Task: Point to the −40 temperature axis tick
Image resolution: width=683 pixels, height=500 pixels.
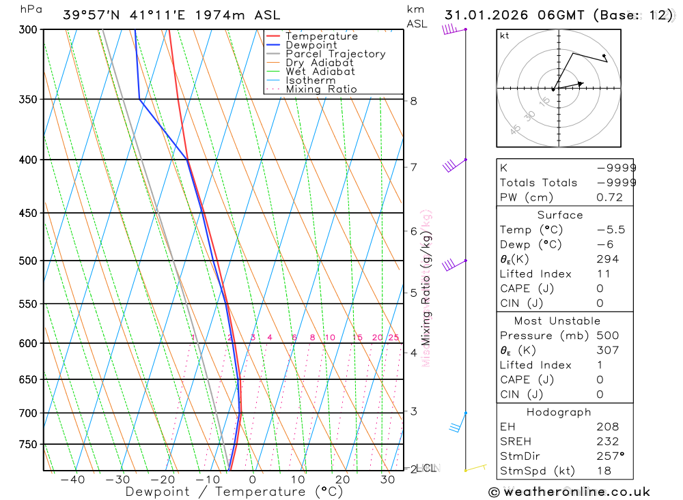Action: (72, 480)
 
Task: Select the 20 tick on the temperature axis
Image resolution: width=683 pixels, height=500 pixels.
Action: (342, 480)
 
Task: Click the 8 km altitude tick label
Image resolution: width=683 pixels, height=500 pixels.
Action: (413, 101)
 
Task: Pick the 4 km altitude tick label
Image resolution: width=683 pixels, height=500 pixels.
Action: (413, 353)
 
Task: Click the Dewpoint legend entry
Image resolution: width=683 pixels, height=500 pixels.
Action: (311, 45)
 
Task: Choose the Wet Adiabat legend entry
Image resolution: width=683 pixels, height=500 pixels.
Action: (320, 72)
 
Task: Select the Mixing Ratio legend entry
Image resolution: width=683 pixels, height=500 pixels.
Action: (321, 89)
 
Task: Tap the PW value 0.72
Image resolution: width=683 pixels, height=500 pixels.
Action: (609, 197)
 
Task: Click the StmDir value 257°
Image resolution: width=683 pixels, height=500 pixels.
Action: (611, 456)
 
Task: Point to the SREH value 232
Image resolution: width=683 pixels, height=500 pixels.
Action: (607, 441)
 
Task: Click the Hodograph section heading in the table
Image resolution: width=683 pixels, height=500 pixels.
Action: (559, 412)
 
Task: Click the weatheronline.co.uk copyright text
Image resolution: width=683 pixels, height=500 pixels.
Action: (569, 491)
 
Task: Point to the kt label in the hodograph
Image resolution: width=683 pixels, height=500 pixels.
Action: (505, 35)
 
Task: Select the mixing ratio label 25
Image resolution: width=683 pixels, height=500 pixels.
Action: (393, 338)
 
